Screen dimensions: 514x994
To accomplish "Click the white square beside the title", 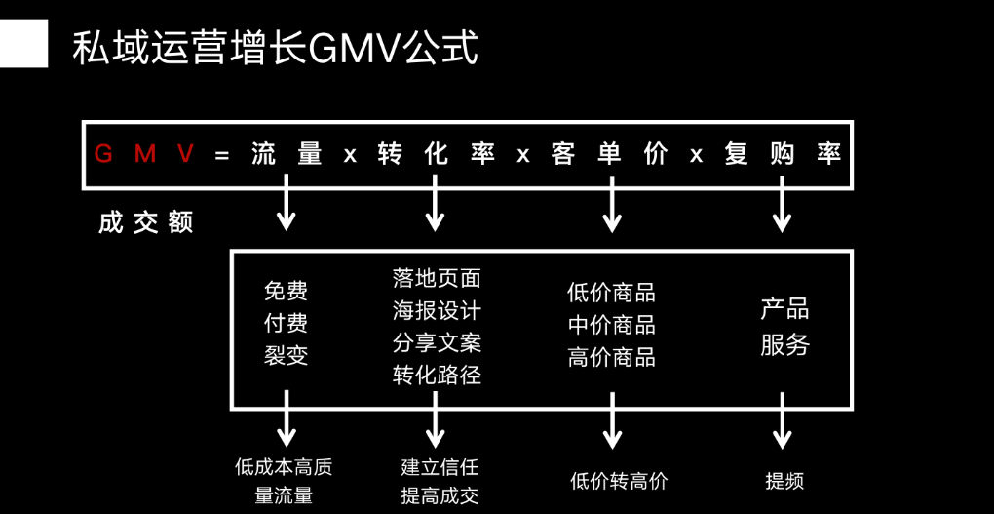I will pos(23,45).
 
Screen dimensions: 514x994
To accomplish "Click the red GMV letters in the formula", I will pos(144,154).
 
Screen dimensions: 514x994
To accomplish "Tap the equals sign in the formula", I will pos(222,155).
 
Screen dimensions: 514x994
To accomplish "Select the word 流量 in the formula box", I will pos(287,154).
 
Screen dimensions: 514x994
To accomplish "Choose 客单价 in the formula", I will pos(610,154).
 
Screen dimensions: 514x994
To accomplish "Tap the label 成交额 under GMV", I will pos(146,223).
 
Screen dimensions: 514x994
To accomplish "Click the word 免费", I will pos(286,291).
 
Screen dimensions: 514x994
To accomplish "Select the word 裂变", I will pos(286,356).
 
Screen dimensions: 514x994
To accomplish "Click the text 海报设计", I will pos(437,311).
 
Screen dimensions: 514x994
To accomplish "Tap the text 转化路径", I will pos(437,376).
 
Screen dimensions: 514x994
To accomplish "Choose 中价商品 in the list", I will pos(611,325).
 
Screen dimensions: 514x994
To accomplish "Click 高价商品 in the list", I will pos(611,358).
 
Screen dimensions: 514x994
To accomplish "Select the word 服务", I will pos(784,344).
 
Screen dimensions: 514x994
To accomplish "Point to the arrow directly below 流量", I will pos(287,203).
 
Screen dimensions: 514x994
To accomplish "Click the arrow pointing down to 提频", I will pos(783,421).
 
